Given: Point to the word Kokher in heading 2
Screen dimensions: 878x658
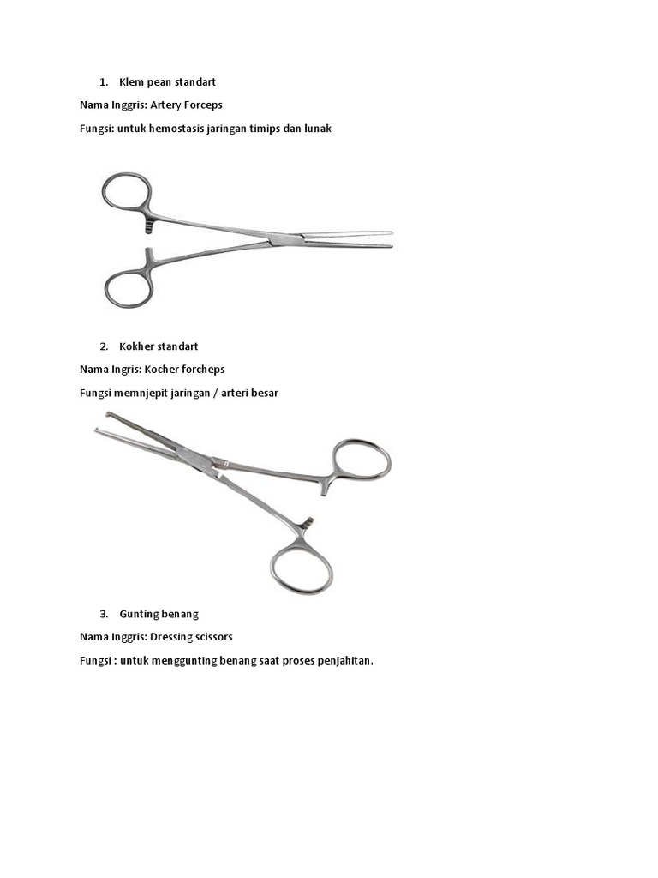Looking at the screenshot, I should pyautogui.click(x=136, y=346).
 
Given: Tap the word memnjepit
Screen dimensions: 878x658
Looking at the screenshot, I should pyautogui.click(x=141, y=393).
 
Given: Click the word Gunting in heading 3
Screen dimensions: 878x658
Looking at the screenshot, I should pyautogui.click(x=138, y=614).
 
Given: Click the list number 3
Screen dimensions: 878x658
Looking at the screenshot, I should pyautogui.click(x=104, y=614).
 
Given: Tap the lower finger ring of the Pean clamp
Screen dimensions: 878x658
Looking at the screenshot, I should pyautogui.click(x=129, y=288).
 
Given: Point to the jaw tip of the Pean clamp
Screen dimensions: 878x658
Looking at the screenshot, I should pyautogui.click(x=390, y=239).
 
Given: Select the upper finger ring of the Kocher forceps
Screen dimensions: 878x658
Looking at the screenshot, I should pyautogui.click(x=362, y=460).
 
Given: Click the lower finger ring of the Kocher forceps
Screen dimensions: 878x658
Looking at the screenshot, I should pyautogui.click(x=302, y=565).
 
